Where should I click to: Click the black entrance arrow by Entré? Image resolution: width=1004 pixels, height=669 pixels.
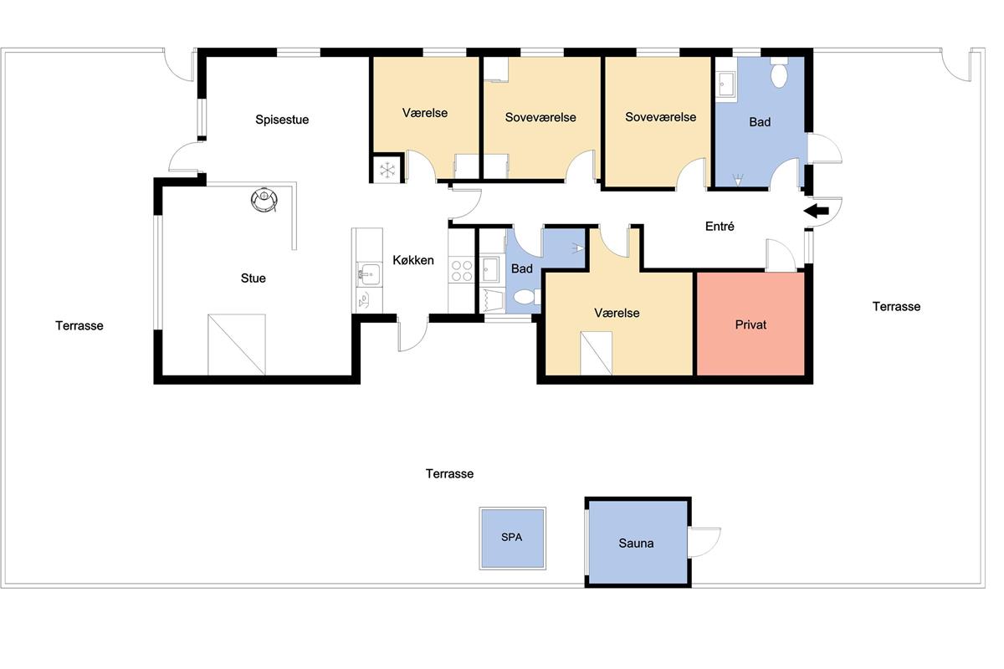point(816,211)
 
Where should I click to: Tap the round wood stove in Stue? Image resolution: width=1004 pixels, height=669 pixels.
point(264,199)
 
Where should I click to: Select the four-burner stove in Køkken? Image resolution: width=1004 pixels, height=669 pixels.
point(462,270)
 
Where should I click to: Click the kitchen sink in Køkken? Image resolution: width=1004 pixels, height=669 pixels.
point(369,273)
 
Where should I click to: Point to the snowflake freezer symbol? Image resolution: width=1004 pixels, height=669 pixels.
point(387,171)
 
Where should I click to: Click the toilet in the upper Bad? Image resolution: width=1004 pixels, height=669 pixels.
point(780,73)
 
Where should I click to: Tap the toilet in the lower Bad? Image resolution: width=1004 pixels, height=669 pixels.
point(526,296)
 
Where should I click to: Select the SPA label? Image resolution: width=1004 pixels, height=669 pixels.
point(511,537)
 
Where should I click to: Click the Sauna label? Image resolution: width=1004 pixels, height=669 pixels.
point(636,543)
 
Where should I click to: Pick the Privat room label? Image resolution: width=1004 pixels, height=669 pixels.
point(750,324)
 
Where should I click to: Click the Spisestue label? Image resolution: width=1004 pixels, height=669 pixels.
point(282,120)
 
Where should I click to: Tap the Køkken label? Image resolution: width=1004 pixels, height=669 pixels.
point(412,260)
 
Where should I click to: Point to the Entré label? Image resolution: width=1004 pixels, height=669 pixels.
point(720,227)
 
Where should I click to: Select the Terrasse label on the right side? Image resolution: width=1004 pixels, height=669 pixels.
point(896,307)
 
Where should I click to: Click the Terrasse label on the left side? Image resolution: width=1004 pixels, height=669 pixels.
point(79,325)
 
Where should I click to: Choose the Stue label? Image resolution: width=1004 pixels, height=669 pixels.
point(254,278)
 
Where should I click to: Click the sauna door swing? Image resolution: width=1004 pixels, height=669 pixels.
point(705,542)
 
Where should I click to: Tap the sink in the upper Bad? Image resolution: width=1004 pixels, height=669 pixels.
point(725,84)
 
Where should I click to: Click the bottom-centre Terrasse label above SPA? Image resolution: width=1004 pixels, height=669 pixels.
point(449,473)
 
